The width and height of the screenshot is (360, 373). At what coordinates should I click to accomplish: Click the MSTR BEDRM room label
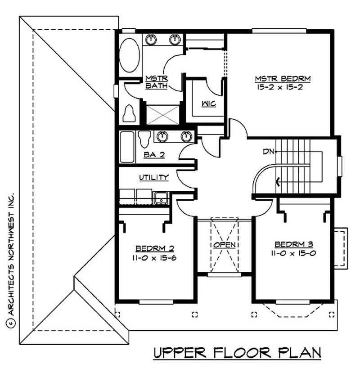point(283,79)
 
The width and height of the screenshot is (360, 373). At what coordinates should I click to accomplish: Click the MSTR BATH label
point(157,82)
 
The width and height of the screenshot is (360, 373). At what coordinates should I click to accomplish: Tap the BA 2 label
point(154,155)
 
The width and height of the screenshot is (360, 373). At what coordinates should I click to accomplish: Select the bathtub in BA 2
point(127,147)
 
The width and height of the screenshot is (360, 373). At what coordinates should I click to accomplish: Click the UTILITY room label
point(153,178)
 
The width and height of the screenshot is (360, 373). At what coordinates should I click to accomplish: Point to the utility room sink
point(160,196)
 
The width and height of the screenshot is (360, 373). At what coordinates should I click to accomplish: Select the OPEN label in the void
point(225,245)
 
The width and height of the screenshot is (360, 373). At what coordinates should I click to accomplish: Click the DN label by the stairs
point(269,152)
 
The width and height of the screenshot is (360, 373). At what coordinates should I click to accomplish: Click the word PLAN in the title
point(297,353)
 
